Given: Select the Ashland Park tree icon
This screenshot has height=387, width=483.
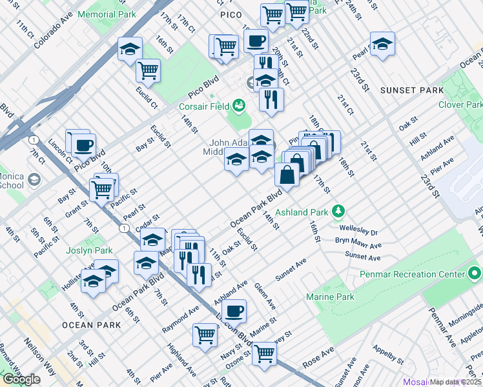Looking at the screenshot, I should click(x=337, y=211).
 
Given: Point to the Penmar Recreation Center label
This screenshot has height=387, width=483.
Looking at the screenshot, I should click(x=414, y=274).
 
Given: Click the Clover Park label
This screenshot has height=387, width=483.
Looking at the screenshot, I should click(x=460, y=104).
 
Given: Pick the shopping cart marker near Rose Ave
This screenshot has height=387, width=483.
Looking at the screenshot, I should click(x=264, y=352).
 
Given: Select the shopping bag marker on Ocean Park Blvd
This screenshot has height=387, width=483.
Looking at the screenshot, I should click(x=287, y=174).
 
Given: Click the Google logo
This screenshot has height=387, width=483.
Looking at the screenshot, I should click(x=21, y=379).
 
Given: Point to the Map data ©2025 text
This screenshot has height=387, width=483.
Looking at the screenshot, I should click(x=456, y=382).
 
